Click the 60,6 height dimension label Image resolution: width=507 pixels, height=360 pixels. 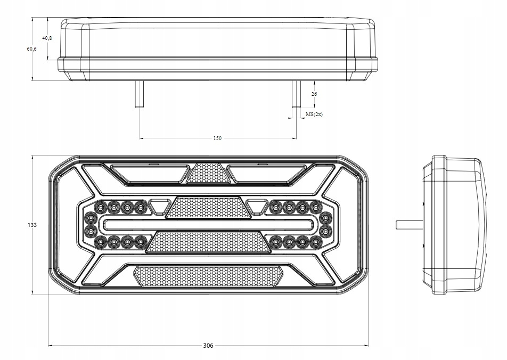click(32, 49)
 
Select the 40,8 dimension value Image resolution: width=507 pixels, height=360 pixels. click(47, 38)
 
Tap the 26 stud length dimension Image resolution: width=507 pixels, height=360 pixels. click(314, 94)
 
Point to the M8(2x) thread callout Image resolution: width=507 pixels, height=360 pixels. click(314, 114)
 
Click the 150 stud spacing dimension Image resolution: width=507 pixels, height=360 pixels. click(217, 138)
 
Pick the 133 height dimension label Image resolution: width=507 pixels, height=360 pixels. click(32, 225)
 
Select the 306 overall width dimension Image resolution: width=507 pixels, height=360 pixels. click(208, 346)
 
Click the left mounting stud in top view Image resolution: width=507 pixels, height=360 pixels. click(140, 94)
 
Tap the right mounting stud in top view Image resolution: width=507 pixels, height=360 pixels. click(296, 94)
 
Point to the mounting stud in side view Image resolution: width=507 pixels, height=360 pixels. click(409, 225)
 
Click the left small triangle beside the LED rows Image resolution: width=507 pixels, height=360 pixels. click(158, 207)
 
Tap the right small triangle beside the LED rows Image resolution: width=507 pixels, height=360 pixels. click(256, 207)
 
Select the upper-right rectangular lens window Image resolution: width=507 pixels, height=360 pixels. click(267, 173)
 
